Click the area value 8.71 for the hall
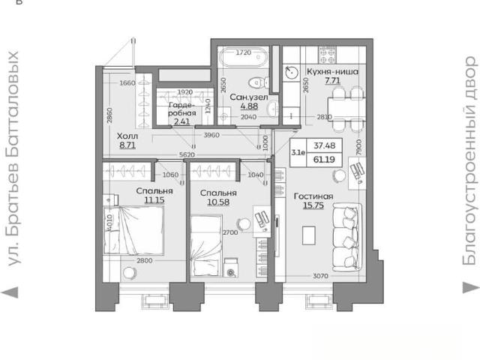[x=127, y=145]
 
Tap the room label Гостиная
[x=313, y=196]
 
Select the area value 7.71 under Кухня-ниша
[x=332, y=80]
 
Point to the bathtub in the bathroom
[x=243, y=57]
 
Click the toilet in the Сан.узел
[x=259, y=82]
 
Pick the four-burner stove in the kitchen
[x=327, y=55]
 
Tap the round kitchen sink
[x=291, y=73]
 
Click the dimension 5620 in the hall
[x=187, y=155]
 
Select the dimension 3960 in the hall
[x=211, y=135]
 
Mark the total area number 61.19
[x=324, y=160]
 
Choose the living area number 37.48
[x=324, y=145]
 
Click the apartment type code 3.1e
[x=298, y=152]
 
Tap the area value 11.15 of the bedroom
[x=154, y=200]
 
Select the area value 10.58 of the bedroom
[x=218, y=202]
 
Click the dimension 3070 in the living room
[x=320, y=276]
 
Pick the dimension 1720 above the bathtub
[x=244, y=52]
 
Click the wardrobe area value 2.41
[x=181, y=121]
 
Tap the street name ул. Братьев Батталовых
[x=13, y=158]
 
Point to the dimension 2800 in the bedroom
[x=145, y=261]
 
